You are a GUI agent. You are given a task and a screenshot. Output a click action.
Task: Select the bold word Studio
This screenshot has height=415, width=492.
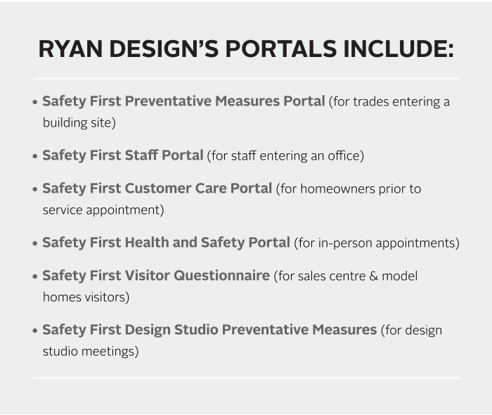(193, 330)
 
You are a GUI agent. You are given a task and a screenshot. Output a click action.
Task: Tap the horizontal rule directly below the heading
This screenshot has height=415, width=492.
(246, 78)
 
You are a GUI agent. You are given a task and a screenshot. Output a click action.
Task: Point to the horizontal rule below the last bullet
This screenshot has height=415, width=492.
(246, 378)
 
